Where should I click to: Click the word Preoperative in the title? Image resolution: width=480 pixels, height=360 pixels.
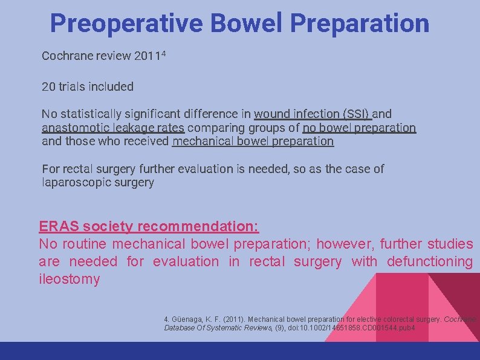126,24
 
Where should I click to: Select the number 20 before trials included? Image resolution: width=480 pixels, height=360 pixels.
48,87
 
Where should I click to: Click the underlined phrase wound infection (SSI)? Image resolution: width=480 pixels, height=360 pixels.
313,114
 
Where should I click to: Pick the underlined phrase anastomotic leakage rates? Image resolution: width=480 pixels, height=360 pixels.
114,128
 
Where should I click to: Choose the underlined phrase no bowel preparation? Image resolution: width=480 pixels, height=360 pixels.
359,128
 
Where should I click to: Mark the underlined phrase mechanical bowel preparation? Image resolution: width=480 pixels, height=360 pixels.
253,142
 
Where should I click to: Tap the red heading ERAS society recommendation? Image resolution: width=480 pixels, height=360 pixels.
149,227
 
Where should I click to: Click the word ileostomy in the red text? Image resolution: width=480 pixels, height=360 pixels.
69,279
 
